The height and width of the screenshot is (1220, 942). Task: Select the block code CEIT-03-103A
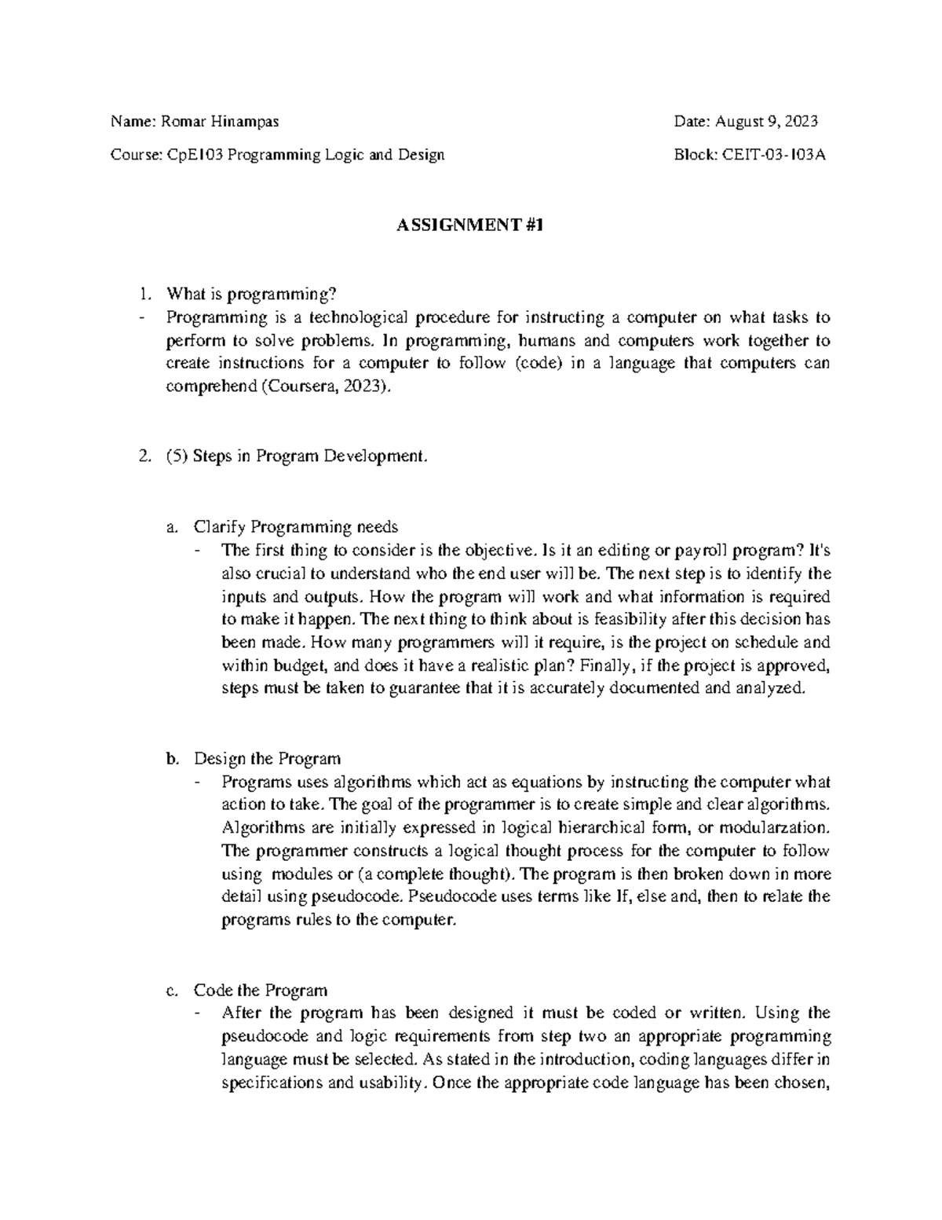pyautogui.click(x=773, y=155)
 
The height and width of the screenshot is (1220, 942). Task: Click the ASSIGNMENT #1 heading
pyautogui.click(x=470, y=226)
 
